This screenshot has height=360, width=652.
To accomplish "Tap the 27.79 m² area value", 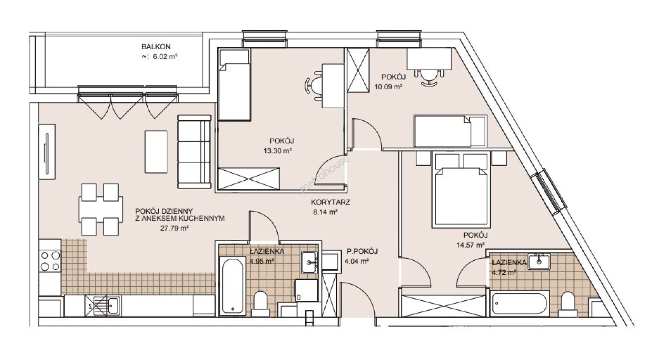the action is click(x=174, y=229).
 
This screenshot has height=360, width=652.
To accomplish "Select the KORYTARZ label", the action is click(x=330, y=202).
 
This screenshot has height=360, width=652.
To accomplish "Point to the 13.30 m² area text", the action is click(x=278, y=151).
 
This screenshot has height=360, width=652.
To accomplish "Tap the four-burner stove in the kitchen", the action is click(x=50, y=260).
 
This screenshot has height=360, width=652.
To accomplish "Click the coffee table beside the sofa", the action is click(x=156, y=151).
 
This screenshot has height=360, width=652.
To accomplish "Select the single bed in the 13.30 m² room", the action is click(x=234, y=84).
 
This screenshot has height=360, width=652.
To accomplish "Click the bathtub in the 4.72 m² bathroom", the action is click(x=520, y=304).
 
